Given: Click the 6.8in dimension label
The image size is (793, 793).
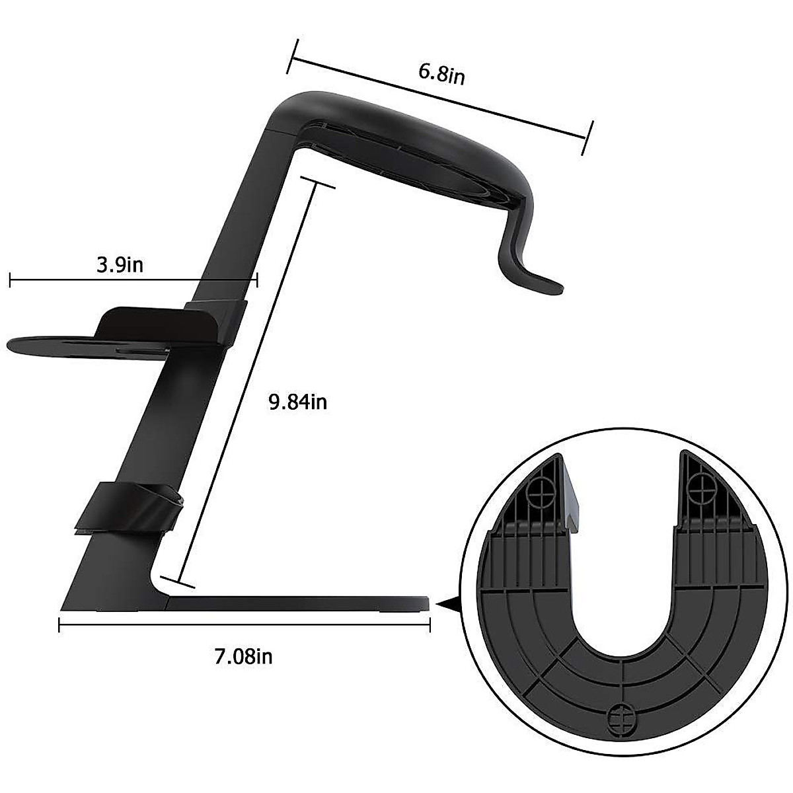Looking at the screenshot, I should (x=441, y=74).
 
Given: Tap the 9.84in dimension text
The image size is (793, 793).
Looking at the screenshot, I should (x=297, y=402).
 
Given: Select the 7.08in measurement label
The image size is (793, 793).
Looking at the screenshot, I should (x=243, y=656).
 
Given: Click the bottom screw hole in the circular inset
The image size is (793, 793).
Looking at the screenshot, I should (x=616, y=716).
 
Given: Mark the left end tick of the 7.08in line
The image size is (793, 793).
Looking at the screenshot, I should (x=59, y=625).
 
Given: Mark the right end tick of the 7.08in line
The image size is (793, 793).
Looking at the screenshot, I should (x=430, y=625).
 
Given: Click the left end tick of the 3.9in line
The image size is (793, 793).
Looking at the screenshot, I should (x=10, y=281).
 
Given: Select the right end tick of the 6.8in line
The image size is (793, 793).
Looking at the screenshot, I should (x=587, y=137).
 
